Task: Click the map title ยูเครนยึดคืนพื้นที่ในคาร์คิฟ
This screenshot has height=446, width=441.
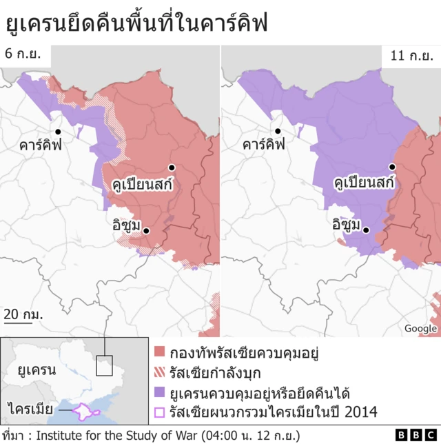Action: tap(136, 23)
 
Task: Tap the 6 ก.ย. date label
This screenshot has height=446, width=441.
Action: tap(23, 54)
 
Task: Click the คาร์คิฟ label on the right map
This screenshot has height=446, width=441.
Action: tap(264, 145)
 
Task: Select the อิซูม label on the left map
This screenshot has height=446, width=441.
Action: tap(126, 225)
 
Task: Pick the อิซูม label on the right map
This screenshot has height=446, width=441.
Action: tap(348, 224)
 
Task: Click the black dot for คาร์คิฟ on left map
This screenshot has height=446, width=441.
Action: tap(59, 132)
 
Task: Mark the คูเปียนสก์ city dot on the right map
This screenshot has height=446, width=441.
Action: tap(392, 167)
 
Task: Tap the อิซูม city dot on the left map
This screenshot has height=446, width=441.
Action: tap(146, 231)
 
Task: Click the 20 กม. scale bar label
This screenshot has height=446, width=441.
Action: tap(23, 314)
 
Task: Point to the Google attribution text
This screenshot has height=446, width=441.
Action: tap(420, 329)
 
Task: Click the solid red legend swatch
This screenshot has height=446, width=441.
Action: tap(160, 351)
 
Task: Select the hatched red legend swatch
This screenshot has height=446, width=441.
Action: tap(160, 373)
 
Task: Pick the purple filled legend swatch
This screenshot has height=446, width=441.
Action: tap(160, 394)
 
